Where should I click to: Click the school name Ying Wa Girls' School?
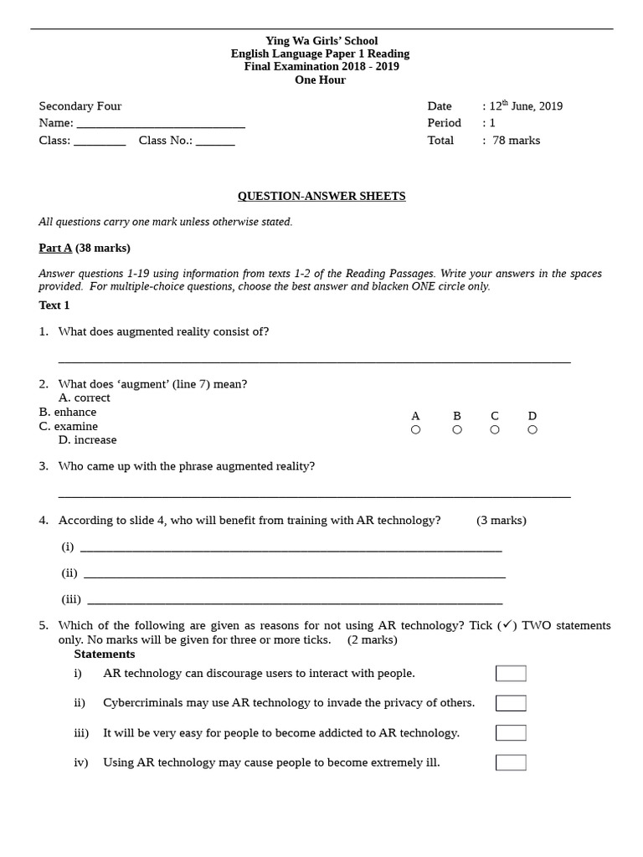coord(321,40)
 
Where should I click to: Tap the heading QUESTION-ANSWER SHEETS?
coord(321,196)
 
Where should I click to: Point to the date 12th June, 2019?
coord(526,106)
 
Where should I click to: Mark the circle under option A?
coord(415,430)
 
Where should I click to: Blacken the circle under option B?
coord(457,430)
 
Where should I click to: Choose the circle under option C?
coord(495,430)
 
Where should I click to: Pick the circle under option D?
coord(532,430)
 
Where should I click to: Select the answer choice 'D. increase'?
coord(88,439)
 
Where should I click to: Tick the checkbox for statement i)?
coord(511,674)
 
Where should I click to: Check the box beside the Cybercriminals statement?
coord(511,703)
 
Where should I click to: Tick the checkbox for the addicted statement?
coord(511,733)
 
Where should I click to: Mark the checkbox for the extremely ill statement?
coord(511,762)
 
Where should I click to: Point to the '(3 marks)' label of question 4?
coord(502,521)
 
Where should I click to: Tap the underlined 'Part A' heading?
coord(55,249)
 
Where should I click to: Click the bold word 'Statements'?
coord(104,654)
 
